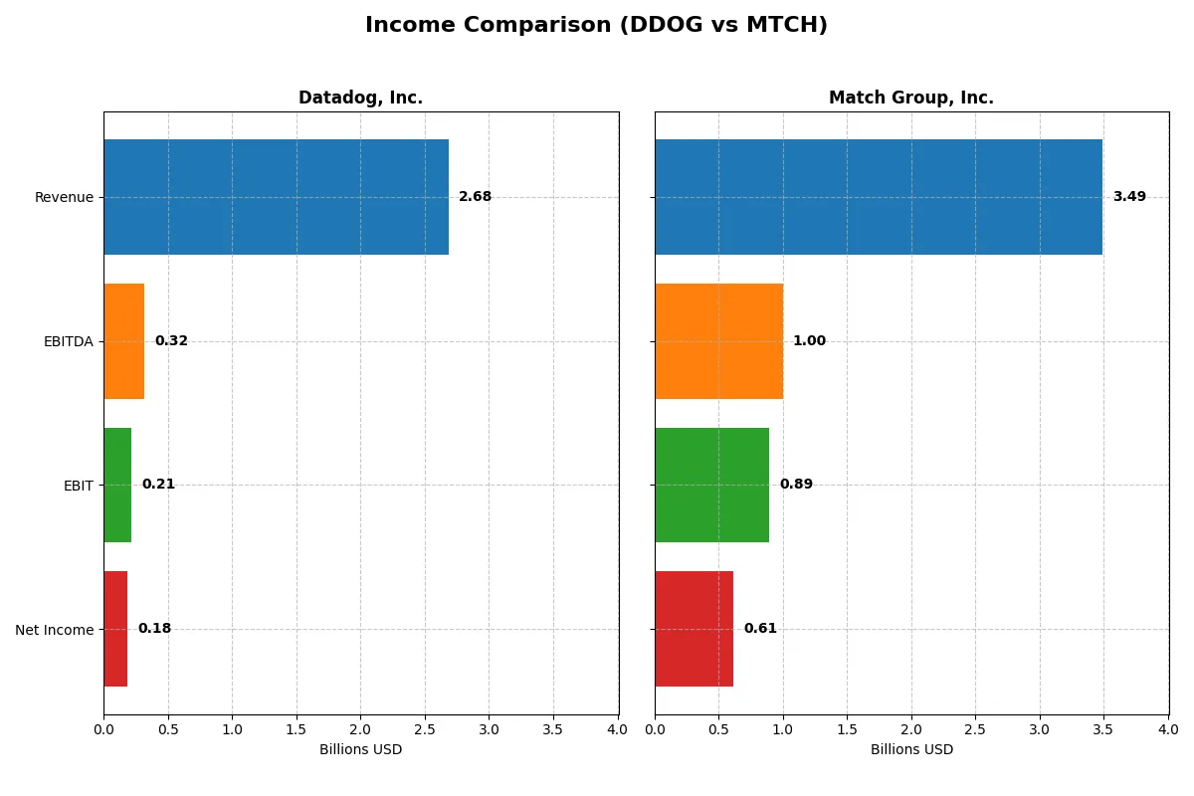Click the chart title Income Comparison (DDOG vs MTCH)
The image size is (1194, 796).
coord(596,25)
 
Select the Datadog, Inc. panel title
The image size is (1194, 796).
coord(360,98)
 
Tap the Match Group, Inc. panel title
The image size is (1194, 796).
coord(910,98)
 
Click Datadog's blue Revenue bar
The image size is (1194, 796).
coord(276,197)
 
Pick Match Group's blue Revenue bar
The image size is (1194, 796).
coord(878,197)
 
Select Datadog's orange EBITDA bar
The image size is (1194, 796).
coord(123,341)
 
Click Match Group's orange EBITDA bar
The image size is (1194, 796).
coord(718,341)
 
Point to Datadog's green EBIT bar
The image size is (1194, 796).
coord(117,485)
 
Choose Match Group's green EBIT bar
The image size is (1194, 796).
coord(711,485)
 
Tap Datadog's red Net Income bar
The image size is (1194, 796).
coord(115,629)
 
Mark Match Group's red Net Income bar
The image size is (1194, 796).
coord(694,629)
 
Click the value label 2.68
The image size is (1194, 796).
coord(475,197)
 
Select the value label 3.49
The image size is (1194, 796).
coord(1128,197)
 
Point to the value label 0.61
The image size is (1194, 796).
coord(760,629)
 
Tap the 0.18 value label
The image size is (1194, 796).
coord(154,629)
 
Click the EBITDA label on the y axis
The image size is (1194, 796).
coord(68,341)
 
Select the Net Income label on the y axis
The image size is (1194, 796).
coord(55,630)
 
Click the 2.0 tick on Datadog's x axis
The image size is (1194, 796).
coord(360,729)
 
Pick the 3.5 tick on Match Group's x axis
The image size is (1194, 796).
coord(1103,729)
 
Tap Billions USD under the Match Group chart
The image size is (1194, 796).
coord(911,749)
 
